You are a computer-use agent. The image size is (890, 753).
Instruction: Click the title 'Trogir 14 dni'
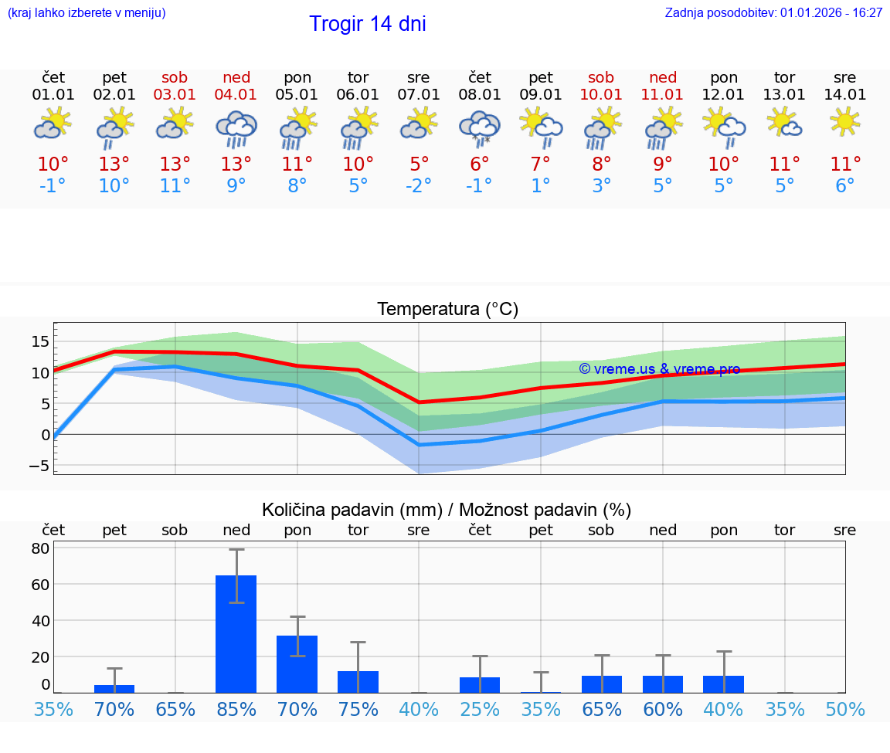pos(367,24)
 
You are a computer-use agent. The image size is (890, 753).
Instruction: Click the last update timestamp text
pos(773,13)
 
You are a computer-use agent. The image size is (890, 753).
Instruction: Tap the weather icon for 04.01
pos(236,128)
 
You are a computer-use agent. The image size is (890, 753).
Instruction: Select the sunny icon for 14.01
pos(844,122)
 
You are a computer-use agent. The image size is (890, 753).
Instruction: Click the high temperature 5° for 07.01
pos(419,164)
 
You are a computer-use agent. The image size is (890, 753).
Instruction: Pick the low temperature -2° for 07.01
pos(419,186)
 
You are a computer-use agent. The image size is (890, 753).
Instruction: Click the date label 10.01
pos(601,95)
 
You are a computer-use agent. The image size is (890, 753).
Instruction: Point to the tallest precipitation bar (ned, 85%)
pos(236,633)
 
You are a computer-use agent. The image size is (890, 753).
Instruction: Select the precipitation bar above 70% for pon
pos(297,663)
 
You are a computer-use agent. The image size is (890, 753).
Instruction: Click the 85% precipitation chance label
pos(236,709)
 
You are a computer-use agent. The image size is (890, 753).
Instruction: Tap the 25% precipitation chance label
pos(480,709)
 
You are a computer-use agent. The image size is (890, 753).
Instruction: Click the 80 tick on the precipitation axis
pos(40,548)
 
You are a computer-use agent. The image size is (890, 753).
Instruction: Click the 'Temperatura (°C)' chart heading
pos(447,310)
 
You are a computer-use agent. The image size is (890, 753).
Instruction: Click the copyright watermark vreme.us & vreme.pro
pos(659,369)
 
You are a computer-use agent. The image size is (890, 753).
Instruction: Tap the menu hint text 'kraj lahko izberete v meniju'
pos(87,13)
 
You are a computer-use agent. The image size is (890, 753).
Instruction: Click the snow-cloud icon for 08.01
pos(480,128)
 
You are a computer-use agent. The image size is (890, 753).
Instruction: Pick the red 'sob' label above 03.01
pos(175,77)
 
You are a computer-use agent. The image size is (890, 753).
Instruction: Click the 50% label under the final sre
pos(844,709)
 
